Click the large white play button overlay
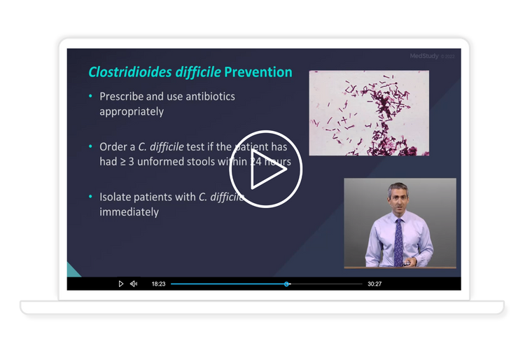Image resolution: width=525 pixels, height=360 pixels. click(265, 174)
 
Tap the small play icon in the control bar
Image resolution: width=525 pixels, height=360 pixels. click(120, 284)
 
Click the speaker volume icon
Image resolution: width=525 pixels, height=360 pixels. click(134, 284)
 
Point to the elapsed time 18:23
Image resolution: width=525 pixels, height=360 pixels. click(158, 284)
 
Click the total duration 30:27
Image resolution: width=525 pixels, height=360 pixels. click(374, 284)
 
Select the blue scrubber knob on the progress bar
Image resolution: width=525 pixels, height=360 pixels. click(286, 284)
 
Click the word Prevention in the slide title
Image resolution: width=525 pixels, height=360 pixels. click(258, 72)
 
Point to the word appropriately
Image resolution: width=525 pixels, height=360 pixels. click(132, 111)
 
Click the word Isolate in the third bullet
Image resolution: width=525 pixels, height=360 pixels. click(117, 197)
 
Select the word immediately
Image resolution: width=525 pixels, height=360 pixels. click(129, 212)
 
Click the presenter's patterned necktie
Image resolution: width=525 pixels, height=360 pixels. click(398, 240)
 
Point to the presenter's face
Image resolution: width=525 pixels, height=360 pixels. click(395, 199)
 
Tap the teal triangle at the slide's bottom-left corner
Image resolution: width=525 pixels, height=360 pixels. click(72, 270)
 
